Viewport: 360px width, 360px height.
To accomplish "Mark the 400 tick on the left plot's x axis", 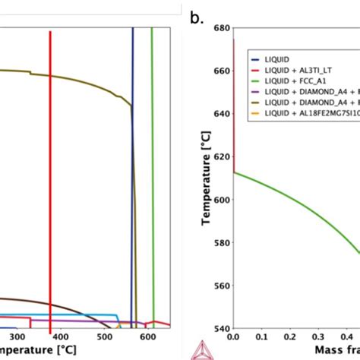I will [61, 336].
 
